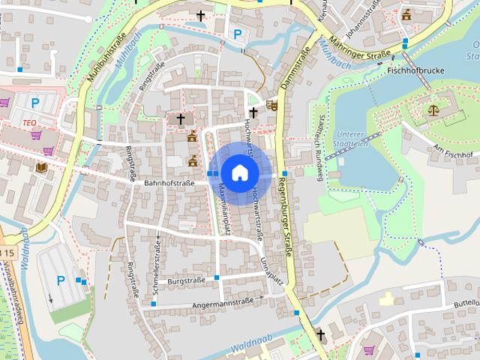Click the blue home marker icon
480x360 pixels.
pos(238,173)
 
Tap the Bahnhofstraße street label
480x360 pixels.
pos(169,182)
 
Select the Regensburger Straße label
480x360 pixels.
pos(286,217)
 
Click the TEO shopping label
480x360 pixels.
pos(30,122)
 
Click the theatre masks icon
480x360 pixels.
pos(271,106)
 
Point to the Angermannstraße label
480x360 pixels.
pos(223,303)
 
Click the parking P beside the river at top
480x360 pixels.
pos(238,33)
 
